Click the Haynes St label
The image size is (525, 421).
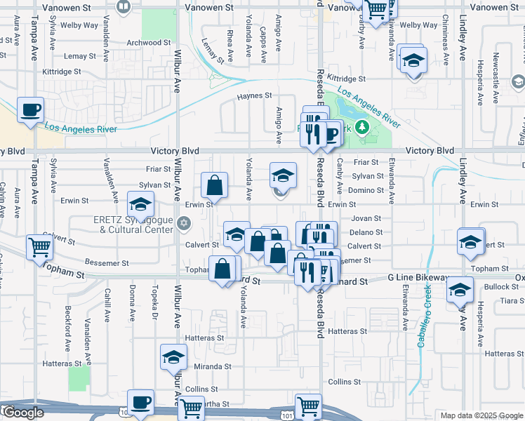point(254,95)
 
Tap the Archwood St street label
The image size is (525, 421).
point(149,43)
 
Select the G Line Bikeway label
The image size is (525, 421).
point(418,279)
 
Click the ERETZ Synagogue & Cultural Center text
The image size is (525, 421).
point(133,225)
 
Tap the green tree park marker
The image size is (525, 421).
point(362,127)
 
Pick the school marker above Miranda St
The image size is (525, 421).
point(173,357)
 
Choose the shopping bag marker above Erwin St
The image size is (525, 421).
point(215,186)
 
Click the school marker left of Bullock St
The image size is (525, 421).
point(460,289)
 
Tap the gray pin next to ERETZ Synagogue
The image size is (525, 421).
point(184,224)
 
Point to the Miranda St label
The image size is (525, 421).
point(213,367)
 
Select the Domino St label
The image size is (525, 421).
point(368,190)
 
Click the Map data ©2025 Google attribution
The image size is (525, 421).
point(481,415)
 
